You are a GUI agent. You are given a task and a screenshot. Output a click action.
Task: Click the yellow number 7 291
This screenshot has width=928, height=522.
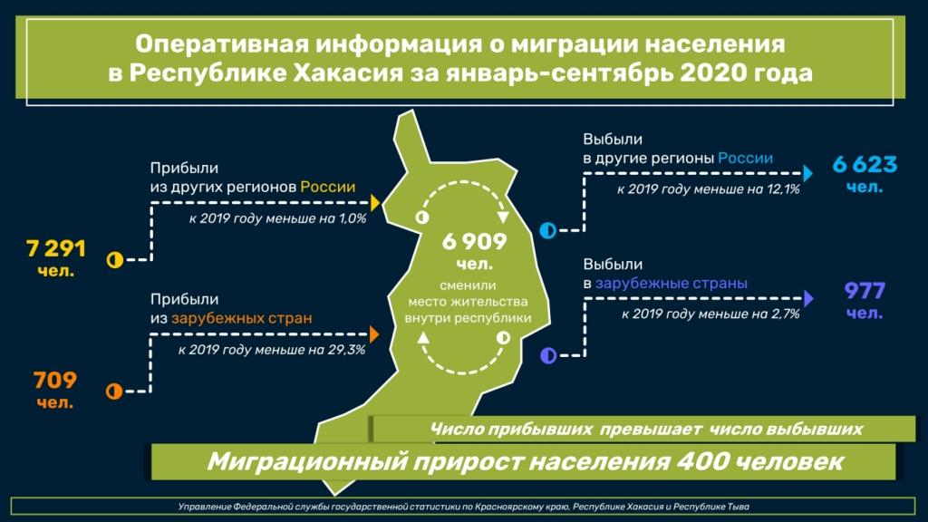pos(56,248)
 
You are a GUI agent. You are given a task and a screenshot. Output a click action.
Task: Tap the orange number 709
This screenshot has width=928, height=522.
pos(55,380)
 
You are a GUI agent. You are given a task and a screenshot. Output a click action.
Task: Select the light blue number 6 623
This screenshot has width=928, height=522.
pos(865,165)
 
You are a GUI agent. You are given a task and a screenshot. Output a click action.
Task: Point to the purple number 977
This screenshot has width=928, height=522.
pos(865,291)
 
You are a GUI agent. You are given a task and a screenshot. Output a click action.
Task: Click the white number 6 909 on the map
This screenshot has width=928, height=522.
pos(475,241)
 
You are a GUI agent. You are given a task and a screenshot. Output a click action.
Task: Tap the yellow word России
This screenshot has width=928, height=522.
pos(328,187)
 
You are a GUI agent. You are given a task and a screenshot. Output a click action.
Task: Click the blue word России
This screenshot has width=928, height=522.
pos(745,158)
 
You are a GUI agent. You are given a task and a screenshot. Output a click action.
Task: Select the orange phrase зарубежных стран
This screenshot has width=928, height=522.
pos(241,318)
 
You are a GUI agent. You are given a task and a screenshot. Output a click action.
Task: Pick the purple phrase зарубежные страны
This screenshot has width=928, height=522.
pos(672,284)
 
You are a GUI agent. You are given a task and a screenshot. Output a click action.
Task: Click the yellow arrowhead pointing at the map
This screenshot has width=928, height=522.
pos(375,202)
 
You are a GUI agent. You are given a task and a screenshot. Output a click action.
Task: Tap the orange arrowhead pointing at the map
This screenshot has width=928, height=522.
pos(374,334)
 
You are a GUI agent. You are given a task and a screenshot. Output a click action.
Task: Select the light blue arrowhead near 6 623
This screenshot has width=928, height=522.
pos(807,173)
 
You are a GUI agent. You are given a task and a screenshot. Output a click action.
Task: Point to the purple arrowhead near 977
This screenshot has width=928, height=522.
pos(808,298)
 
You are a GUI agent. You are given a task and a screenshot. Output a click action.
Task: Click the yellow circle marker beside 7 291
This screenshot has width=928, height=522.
pos(114,260)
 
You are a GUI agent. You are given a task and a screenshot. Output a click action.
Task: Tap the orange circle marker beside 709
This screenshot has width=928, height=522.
pos(114,391)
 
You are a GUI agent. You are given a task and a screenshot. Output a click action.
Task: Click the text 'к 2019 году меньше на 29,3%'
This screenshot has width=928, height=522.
pos(272,350)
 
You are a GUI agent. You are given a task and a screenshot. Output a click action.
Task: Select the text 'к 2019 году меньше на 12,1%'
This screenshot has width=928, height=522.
pos(709,189)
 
